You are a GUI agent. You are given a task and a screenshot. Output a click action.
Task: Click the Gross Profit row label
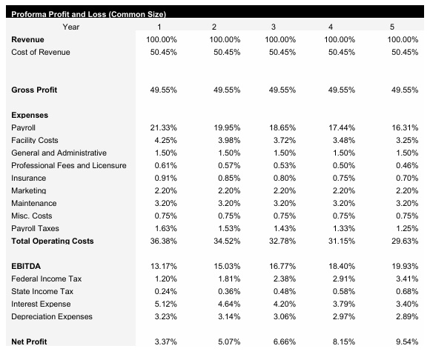[34, 90]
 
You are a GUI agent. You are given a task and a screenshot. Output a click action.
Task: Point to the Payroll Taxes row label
[36, 228]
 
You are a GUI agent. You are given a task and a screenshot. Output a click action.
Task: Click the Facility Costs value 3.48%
[342, 140]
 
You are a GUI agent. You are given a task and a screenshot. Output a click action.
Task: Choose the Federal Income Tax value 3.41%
[406, 279]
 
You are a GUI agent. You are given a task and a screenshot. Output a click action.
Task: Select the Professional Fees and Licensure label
[69, 165]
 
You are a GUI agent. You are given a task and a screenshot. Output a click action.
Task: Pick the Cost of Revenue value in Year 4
[342, 51]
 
